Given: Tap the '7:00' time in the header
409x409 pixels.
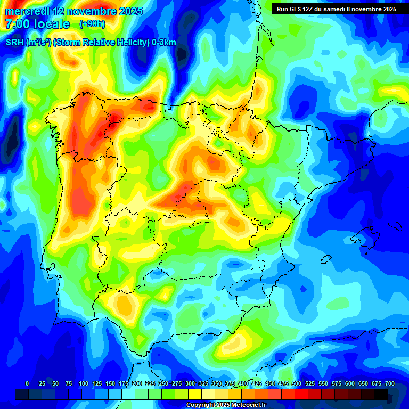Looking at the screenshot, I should click(x=17, y=24).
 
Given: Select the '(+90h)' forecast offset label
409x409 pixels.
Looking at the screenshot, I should click(x=92, y=24).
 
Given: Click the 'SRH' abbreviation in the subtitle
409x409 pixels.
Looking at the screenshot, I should click(x=15, y=43).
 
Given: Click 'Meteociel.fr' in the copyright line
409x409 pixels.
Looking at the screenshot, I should click(x=250, y=405).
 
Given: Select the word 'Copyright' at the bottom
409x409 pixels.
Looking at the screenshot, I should click(x=202, y=405).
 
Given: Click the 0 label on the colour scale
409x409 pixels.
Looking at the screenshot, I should click(x=27, y=383).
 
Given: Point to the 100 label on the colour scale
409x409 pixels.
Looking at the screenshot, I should click(x=83, y=383).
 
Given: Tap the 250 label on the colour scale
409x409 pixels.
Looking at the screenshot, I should click(x=163, y=383).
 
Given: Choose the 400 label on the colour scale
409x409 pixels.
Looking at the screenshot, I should click(x=243, y=383).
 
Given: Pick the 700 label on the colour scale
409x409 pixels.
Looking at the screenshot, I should click(x=390, y=383).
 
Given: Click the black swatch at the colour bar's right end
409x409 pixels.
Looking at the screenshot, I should click(x=381, y=394).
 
